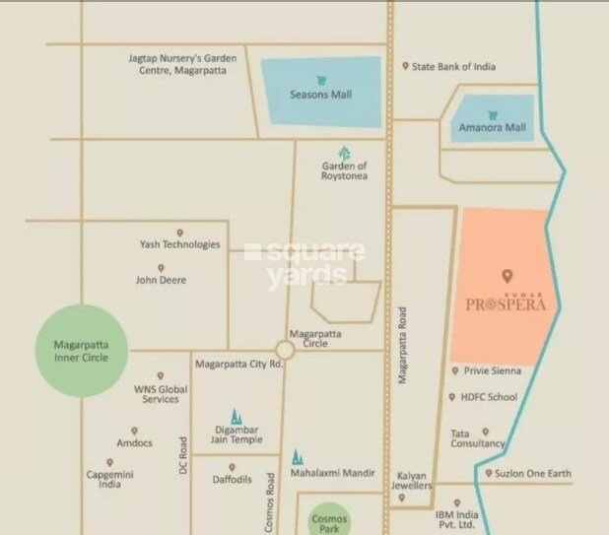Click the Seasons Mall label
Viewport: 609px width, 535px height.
pos(321,96)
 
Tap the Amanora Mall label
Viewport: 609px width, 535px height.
pos(491,128)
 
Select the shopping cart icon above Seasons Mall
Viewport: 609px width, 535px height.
pos(321,80)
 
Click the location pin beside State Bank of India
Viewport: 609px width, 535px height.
pos(405,67)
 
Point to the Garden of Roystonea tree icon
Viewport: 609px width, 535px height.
pos(344,153)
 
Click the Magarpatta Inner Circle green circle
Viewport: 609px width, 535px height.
pos(84,352)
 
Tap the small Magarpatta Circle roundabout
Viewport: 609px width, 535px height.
pos(286,350)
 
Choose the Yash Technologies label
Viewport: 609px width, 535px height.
pos(179,244)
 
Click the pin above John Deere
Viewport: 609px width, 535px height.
pos(160,267)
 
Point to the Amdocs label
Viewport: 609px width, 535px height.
pos(134,443)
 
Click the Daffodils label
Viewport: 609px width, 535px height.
pos(232,480)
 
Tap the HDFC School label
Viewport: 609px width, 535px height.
pos(488,397)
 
